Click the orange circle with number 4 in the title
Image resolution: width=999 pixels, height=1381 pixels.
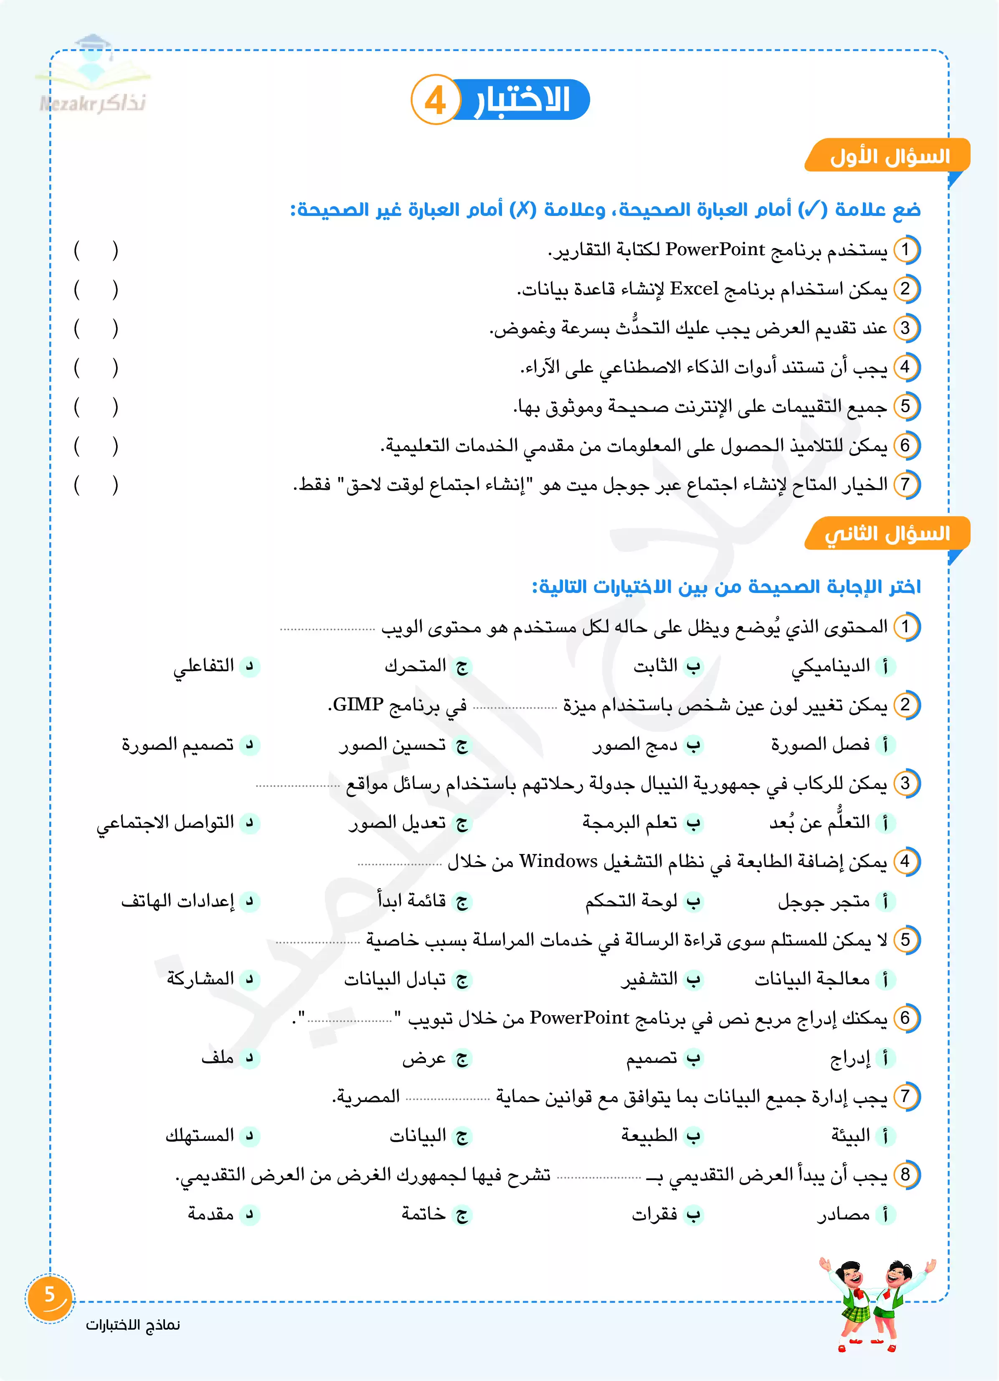click(x=435, y=100)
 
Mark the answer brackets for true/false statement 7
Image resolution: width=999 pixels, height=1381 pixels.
click(x=96, y=485)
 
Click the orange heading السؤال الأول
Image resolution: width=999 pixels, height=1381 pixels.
click(x=889, y=157)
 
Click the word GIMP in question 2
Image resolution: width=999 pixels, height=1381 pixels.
click(x=358, y=705)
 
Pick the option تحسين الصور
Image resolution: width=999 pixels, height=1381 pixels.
click(x=393, y=745)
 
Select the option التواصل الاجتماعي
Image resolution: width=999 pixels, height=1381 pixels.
click(x=166, y=823)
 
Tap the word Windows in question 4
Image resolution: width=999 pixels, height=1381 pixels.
click(x=558, y=862)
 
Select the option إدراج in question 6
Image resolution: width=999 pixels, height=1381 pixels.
click(x=850, y=1058)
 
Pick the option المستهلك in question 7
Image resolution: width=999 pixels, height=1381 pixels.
click(x=200, y=1135)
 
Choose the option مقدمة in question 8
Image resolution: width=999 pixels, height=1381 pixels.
click(x=211, y=1214)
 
